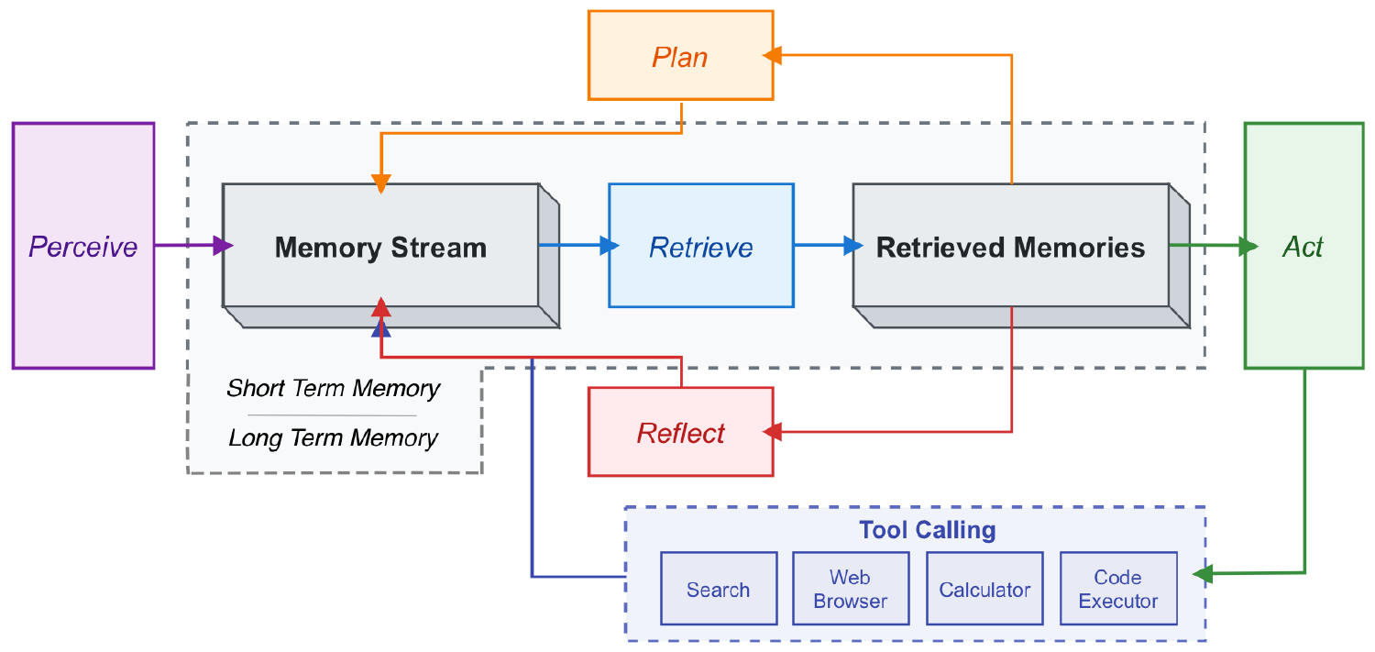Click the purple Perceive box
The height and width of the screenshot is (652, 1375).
pos(83,246)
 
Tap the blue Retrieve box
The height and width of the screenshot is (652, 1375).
pos(701,246)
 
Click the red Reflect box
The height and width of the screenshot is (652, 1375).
pos(680,432)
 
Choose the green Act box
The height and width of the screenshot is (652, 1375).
pos(1303,246)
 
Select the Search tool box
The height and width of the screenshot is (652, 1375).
pos(719,589)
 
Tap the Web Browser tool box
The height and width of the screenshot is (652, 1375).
pos(851,589)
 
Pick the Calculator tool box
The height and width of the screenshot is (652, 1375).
pos(984,589)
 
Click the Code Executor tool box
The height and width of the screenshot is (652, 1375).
pos(1118,589)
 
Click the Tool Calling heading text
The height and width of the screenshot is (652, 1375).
pos(927,530)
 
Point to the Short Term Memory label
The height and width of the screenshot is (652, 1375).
pos(334,388)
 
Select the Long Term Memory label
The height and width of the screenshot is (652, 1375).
pos(334,437)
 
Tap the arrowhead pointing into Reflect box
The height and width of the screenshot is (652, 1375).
pos(772,431)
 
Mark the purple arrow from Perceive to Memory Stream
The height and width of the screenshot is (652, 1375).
pos(189,246)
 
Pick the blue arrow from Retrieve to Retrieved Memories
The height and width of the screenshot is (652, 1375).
pos(823,246)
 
